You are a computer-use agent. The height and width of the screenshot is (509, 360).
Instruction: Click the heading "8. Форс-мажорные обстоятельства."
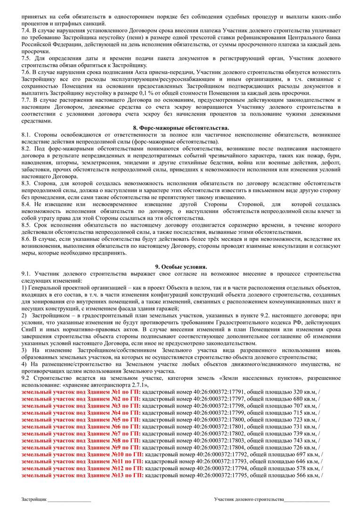click(181, 128)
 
